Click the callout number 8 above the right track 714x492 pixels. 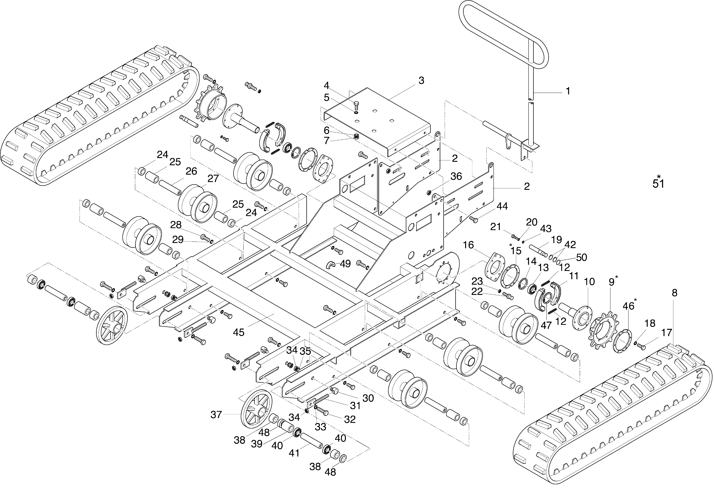tap(675, 293)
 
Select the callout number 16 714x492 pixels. tap(468, 245)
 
